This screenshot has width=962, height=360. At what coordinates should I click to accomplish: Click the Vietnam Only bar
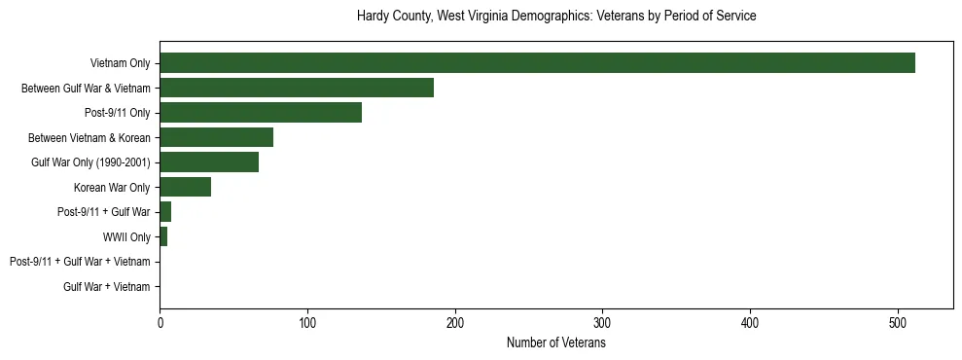click(x=537, y=63)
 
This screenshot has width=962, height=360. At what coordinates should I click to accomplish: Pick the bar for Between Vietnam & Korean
click(x=216, y=137)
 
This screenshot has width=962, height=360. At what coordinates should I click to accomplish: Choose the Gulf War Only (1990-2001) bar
click(x=209, y=162)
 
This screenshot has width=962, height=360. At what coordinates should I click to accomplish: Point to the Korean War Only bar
click(x=185, y=187)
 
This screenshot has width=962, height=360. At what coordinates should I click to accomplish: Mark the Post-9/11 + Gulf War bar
click(x=165, y=212)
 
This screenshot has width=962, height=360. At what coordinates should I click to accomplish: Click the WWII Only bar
click(x=163, y=236)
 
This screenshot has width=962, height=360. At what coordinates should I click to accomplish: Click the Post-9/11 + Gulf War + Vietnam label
click(x=80, y=262)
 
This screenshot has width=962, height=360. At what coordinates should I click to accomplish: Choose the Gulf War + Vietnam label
click(x=107, y=287)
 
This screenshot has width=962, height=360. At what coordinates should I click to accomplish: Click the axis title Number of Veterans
click(x=556, y=343)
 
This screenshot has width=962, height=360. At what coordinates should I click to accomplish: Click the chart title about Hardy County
click(x=556, y=17)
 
